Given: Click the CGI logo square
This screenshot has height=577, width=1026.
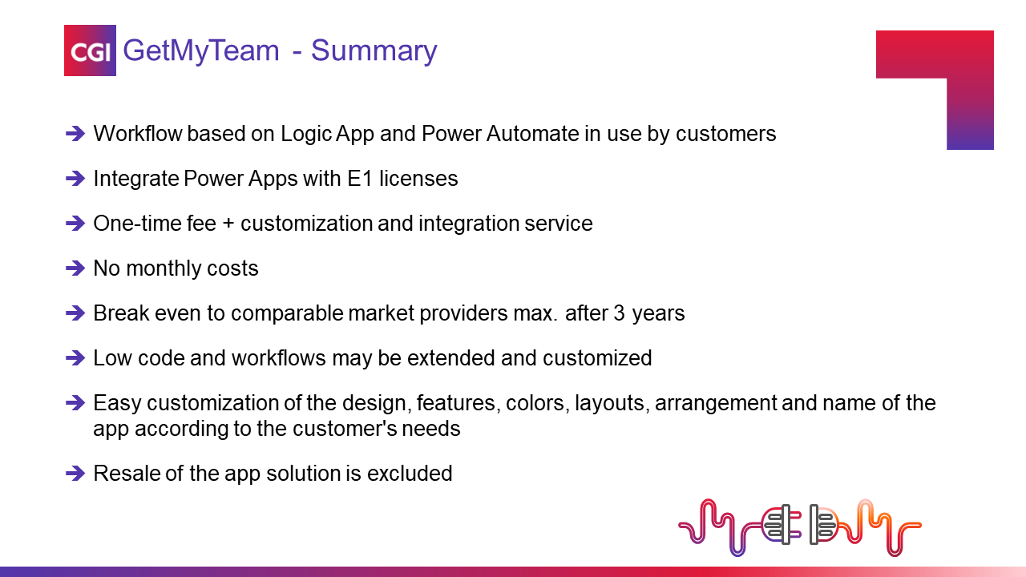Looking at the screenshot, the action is (90, 50).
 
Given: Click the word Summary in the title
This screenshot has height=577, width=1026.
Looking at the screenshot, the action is (374, 50).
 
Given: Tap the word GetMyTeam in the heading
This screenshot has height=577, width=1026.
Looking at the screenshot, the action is (201, 50).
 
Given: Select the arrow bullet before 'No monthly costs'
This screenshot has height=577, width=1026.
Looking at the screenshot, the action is (75, 268).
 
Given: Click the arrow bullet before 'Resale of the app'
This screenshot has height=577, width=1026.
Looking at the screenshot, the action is (75, 474).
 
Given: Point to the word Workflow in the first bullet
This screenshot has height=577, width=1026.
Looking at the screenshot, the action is (138, 134).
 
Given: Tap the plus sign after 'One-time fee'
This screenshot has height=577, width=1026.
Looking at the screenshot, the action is (228, 224).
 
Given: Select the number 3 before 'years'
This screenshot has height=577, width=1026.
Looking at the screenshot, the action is (620, 313).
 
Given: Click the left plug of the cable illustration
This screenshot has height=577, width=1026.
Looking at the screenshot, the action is (781, 524).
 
